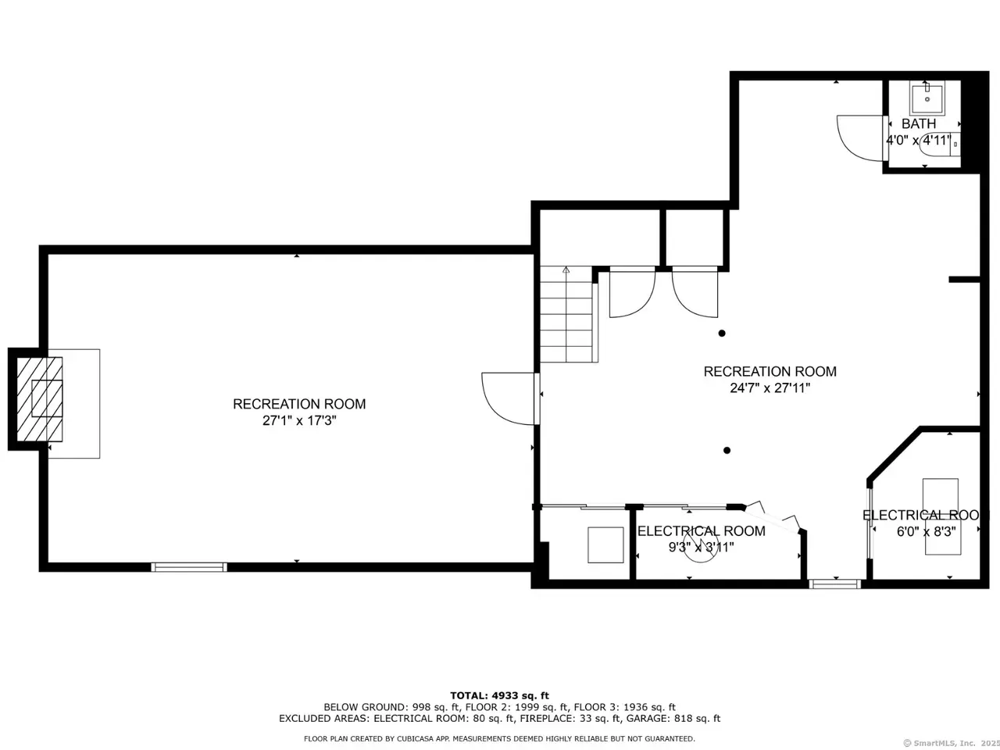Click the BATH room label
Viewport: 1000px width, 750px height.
[x=919, y=123]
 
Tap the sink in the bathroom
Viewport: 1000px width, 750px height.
[x=927, y=98]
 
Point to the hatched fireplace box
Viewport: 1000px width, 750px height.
[x=40, y=399]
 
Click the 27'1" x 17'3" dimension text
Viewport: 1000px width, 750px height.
[x=299, y=420]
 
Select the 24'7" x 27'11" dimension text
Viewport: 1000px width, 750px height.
[x=770, y=388]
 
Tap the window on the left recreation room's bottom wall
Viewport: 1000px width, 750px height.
[x=189, y=567]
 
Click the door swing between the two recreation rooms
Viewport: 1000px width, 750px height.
[x=508, y=399]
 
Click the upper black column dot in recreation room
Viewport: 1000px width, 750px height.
[x=722, y=334]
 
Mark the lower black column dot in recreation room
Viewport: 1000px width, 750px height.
[x=727, y=450]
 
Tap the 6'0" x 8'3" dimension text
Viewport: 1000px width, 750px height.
[x=927, y=531]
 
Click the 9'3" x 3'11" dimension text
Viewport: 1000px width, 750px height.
[x=701, y=547]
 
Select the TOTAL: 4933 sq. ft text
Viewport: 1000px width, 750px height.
[x=500, y=695]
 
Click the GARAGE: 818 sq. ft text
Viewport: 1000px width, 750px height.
[x=673, y=719]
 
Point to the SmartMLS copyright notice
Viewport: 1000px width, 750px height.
[x=952, y=743]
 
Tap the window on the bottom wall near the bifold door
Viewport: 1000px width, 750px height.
[x=834, y=584]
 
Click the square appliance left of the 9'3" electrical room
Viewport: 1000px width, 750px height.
[x=605, y=545]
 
